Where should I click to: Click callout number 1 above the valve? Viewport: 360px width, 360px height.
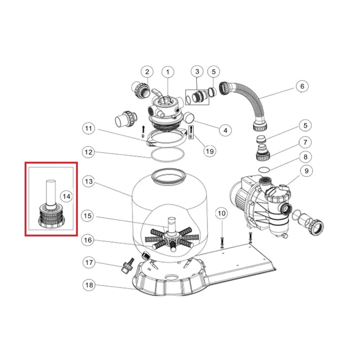coord(168,72)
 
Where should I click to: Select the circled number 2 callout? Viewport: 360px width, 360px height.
coord(147,72)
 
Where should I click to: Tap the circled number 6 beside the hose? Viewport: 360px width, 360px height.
coord(302,86)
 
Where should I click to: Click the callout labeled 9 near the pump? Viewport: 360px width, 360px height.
coord(306,171)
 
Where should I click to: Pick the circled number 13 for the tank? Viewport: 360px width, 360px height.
coord(89,181)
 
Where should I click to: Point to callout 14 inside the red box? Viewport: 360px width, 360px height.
coord(66,196)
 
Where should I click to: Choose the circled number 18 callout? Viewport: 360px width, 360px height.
coord(89,285)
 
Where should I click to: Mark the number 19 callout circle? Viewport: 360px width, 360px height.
coord(210,151)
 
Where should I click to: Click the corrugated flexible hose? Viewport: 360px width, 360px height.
coord(243,106)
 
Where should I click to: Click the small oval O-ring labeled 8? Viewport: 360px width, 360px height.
coord(263,170)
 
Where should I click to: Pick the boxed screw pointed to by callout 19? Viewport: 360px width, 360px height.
coord(191,132)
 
